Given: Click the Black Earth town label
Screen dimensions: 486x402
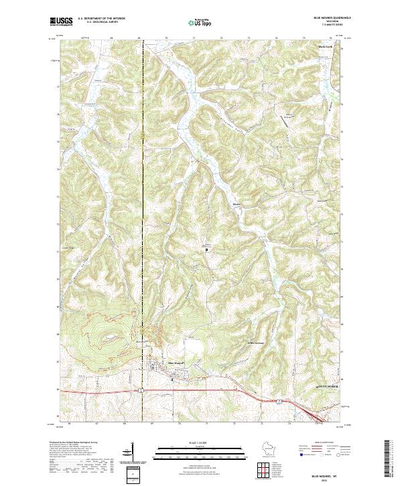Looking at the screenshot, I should [325, 48].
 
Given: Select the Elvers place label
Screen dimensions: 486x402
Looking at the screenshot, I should [236, 203].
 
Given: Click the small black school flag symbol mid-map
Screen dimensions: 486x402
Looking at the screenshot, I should [206, 249].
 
